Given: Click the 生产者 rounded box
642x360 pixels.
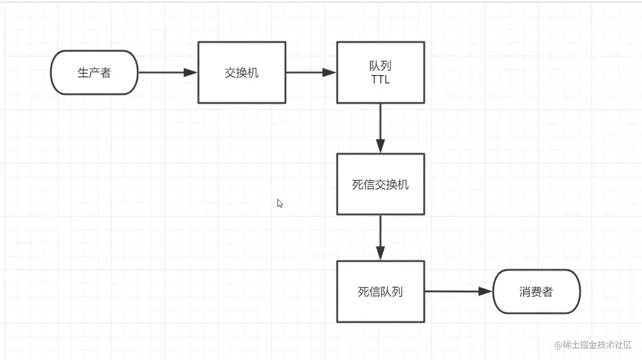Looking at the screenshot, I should click(94, 73).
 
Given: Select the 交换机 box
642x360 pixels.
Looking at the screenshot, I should click(241, 73).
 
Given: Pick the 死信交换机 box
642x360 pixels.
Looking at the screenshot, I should click(380, 185).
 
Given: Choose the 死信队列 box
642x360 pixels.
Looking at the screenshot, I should click(380, 292).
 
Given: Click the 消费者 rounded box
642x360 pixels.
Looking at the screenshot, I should click(536, 292).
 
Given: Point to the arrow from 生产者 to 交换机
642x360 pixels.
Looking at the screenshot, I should click(164, 73).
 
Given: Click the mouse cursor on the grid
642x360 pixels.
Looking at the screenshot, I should click(280, 203).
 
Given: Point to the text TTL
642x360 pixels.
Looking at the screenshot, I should click(380, 80).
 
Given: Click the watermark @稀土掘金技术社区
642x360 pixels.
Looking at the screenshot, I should click(592, 345).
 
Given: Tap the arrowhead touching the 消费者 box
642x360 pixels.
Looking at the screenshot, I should click(484, 292).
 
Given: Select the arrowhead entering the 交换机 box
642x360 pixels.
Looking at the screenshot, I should click(191, 73).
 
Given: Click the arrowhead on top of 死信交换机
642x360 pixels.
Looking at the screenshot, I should click(380, 146).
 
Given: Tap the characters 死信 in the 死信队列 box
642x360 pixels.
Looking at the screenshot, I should click(369, 292).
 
